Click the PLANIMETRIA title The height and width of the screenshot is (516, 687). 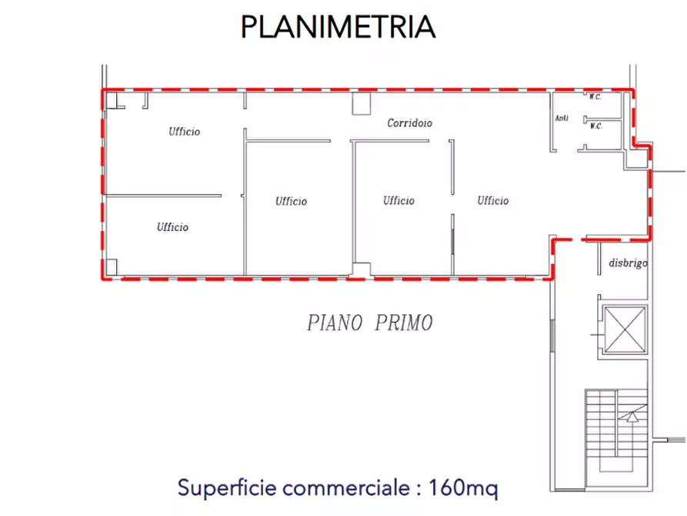pyautogui.click(x=338, y=27)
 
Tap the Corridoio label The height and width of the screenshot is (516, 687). pyautogui.click(x=409, y=123)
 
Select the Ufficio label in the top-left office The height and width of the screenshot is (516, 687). pyautogui.click(x=185, y=132)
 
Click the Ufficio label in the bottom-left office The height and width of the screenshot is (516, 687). pyautogui.click(x=172, y=227)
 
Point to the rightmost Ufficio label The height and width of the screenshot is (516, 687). pyautogui.click(x=493, y=201)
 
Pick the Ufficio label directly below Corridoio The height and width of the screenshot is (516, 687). pyautogui.click(x=399, y=201)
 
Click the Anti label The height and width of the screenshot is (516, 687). pyautogui.click(x=562, y=118)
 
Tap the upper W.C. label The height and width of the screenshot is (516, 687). pyautogui.click(x=595, y=97)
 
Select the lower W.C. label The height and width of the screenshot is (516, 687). pyautogui.click(x=595, y=126)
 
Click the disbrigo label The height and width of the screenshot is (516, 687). pyautogui.click(x=628, y=263)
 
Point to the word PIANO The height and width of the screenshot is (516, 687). pyautogui.click(x=335, y=323)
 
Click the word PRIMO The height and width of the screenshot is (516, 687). pyautogui.click(x=404, y=323)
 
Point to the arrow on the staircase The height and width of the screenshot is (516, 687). pyautogui.click(x=632, y=417)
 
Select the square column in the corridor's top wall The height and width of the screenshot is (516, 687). pyautogui.click(x=361, y=104)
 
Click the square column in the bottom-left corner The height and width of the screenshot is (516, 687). pyautogui.click(x=112, y=267)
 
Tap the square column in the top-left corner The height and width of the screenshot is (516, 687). pyautogui.click(x=111, y=99)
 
